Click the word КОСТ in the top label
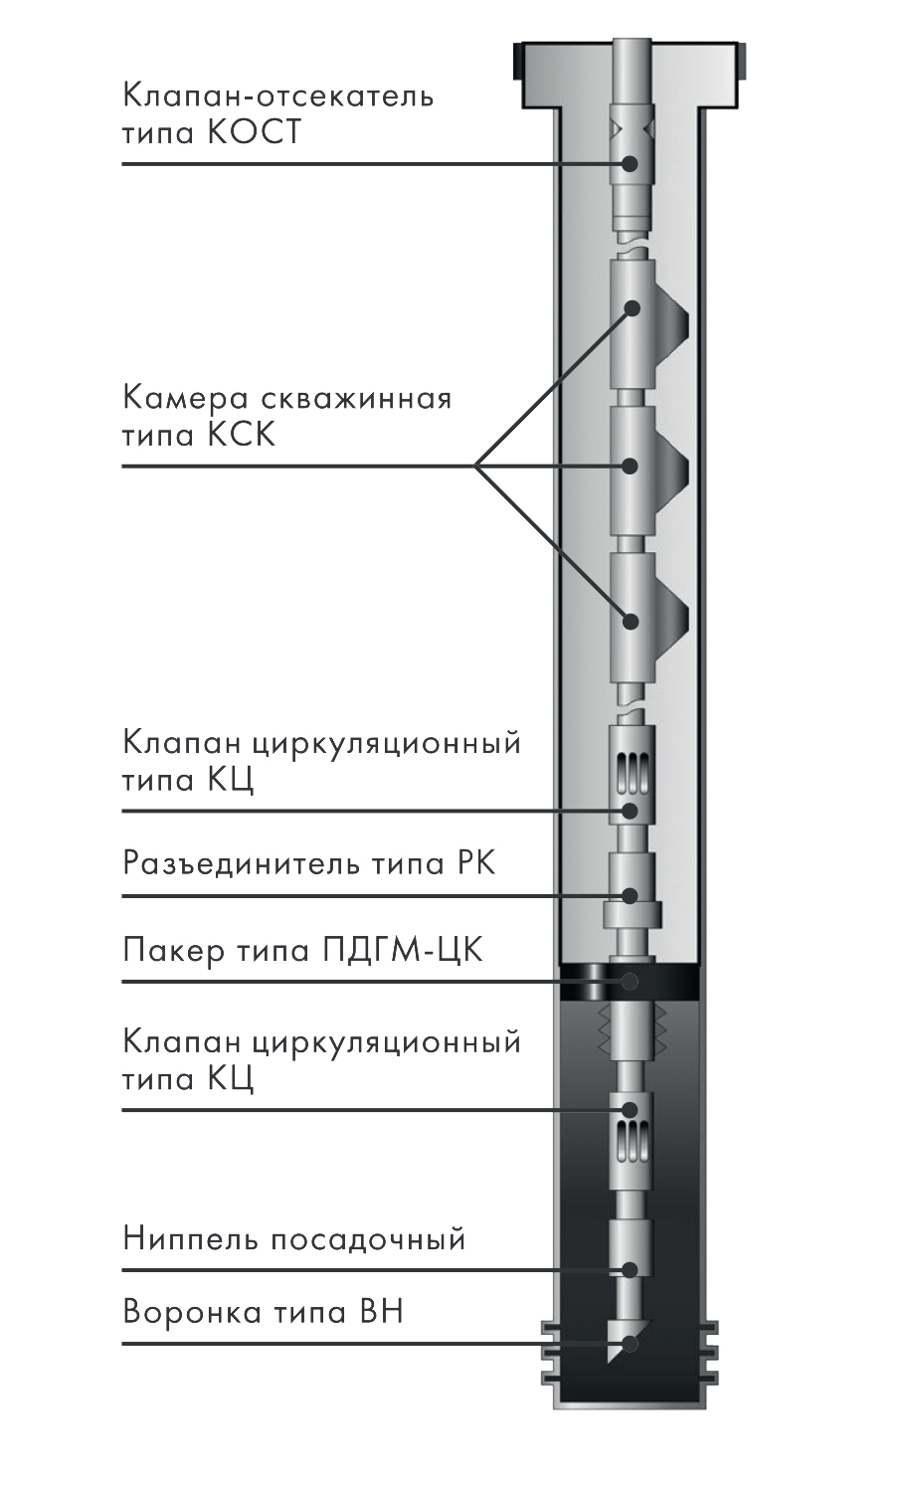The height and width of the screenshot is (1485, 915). coord(254,132)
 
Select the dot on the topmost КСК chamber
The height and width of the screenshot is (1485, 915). coord(632,308)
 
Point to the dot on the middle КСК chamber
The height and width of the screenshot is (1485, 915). coord(630,466)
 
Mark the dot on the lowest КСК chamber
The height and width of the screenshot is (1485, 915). coord(630,622)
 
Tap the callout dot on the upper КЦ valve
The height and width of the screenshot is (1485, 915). coord(630,811)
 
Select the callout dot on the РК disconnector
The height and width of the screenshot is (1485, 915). coord(630,896)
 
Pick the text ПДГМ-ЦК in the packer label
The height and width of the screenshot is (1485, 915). coord(403,951)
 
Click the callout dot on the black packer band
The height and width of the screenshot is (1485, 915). coord(630,981)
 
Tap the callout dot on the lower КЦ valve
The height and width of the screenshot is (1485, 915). coord(630,1110)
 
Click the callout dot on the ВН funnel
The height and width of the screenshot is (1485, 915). coord(630,1344)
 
